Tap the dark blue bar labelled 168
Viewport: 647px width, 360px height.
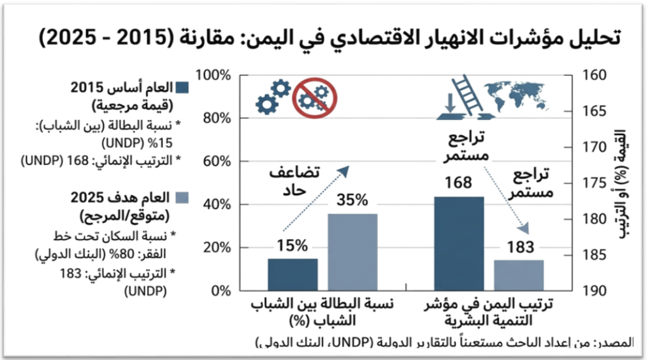[x=459, y=243]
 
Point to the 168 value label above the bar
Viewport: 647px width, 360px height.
[x=458, y=183]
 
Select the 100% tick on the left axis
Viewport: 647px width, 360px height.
[x=215, y=76]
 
